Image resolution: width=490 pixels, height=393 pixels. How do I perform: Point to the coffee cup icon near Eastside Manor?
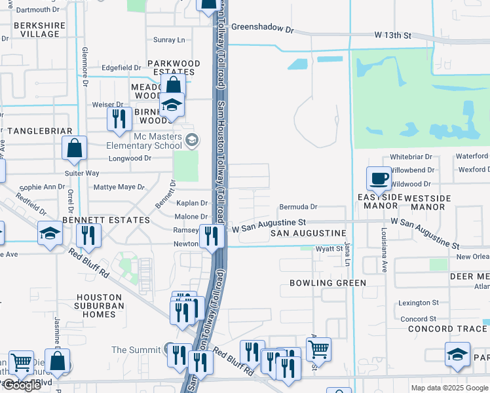point(379,178)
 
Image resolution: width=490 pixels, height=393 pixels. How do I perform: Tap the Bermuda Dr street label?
point(298,206)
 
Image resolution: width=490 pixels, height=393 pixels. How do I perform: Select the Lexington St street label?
point(419,303)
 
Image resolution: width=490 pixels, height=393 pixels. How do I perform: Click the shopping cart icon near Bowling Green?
point(318,348)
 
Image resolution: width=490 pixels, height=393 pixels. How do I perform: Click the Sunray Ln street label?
point(169,40)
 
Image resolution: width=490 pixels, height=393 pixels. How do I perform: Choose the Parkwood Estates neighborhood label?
point(174,64)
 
